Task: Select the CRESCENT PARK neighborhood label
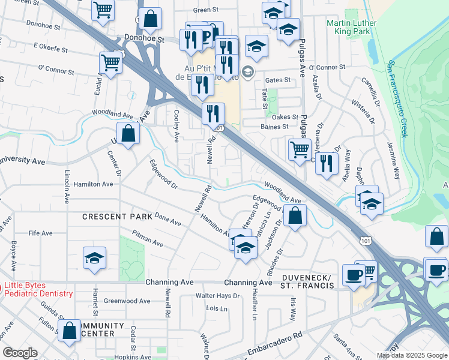coord(112,216)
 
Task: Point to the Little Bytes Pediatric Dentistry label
coord(38,290)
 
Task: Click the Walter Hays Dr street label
coord(217,296)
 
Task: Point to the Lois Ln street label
coord(216,309)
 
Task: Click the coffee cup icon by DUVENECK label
coord(354,275)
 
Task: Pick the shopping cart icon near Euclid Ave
coord(111,62)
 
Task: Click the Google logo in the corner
coord(19,353)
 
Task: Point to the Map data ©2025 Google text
coord(411,355)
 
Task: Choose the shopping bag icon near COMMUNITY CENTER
coord(70,331)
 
